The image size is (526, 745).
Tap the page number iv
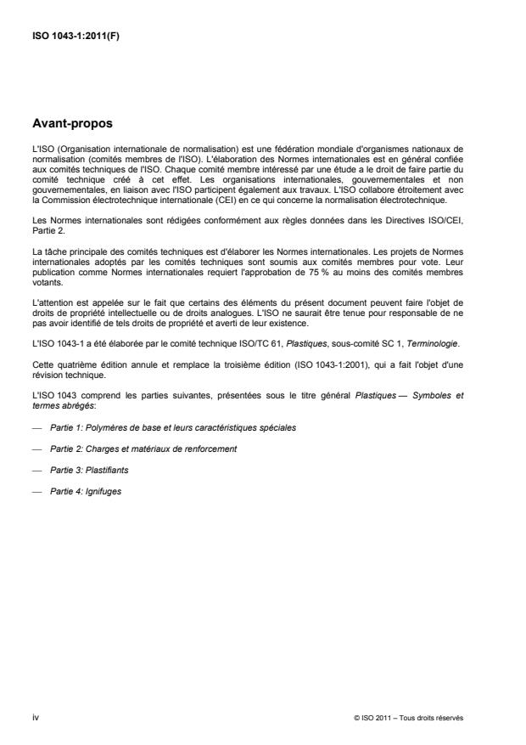click(35, 718)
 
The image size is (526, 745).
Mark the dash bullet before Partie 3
click(36, 470)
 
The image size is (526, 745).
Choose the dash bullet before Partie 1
click(36, 428)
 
